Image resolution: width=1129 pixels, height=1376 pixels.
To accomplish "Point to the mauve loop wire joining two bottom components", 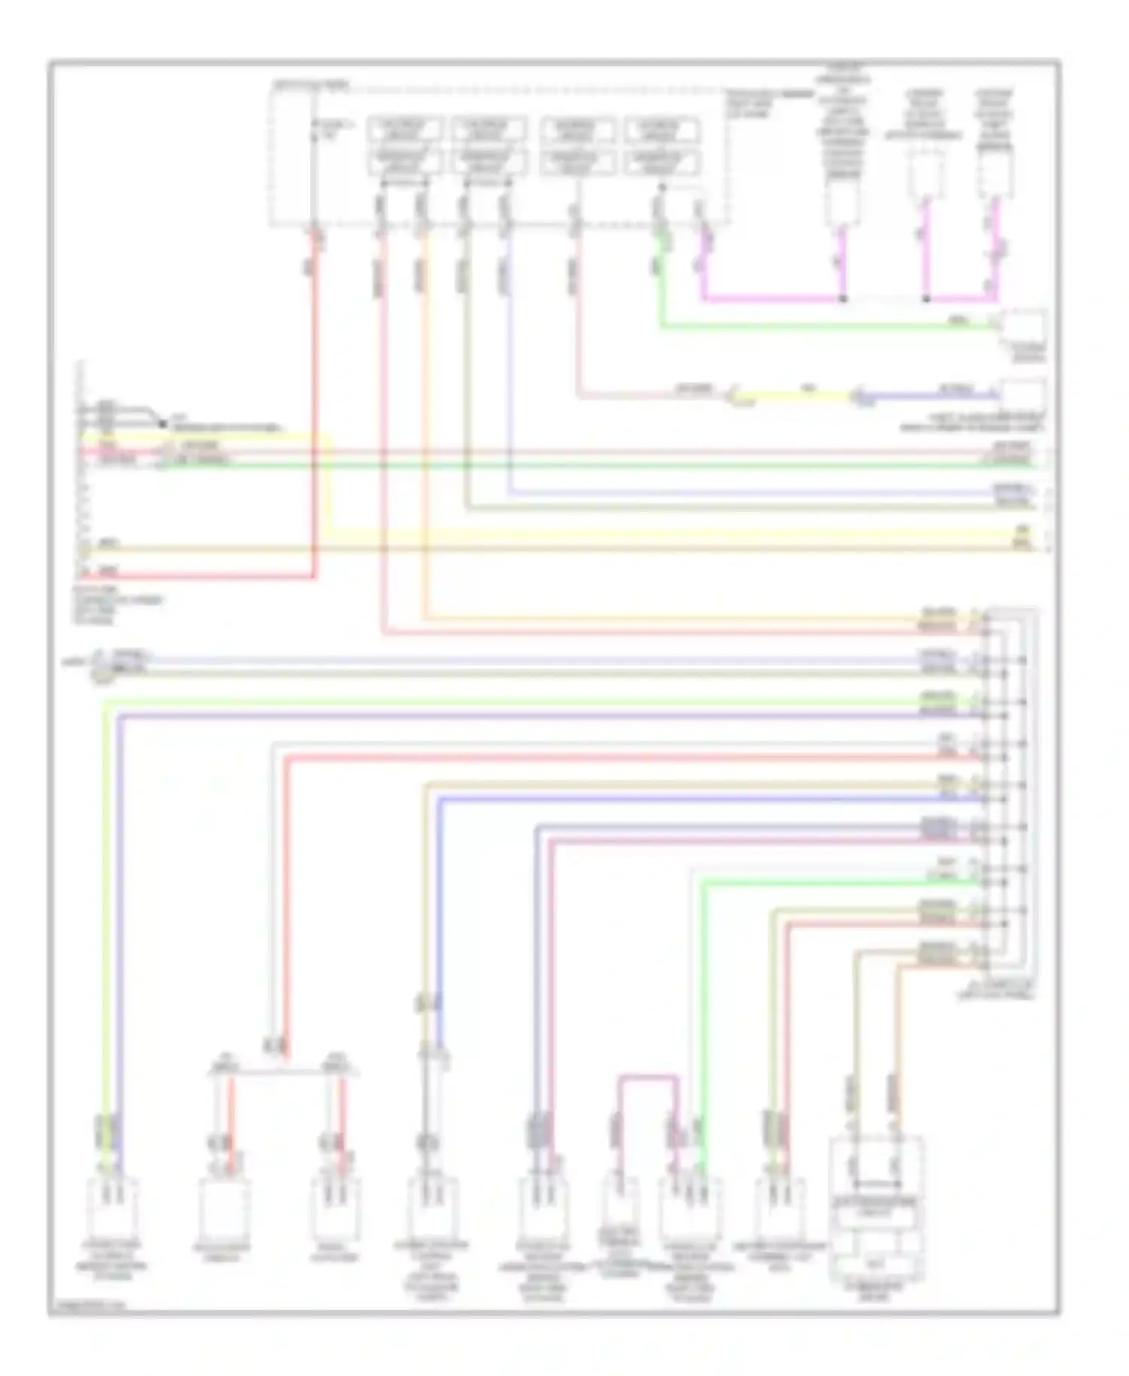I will click(648, 1078).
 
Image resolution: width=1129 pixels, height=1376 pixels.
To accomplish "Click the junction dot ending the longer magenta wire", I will click(843, 299).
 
